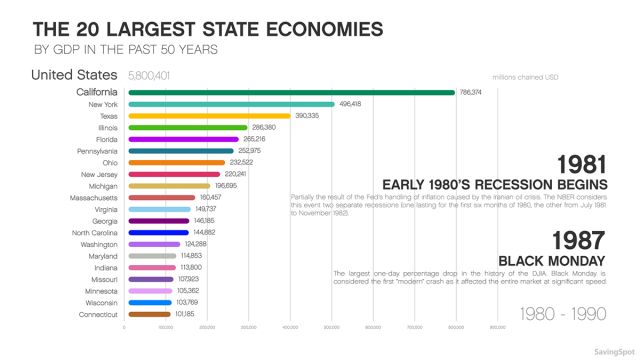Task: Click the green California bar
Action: [x=290, y=92]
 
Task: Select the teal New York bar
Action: [x=230, y=104]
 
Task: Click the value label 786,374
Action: [x=470, y=92]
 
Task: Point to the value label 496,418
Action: [x=350, y=104]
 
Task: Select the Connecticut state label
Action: [x=98, y=314]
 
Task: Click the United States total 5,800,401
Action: [x=149, y=76]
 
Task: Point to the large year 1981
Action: [x=581, y=164]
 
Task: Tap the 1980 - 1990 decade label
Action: [x=562, y=314]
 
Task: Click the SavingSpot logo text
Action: [x=611, y=351]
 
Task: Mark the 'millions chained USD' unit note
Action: [x=525, y=77]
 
